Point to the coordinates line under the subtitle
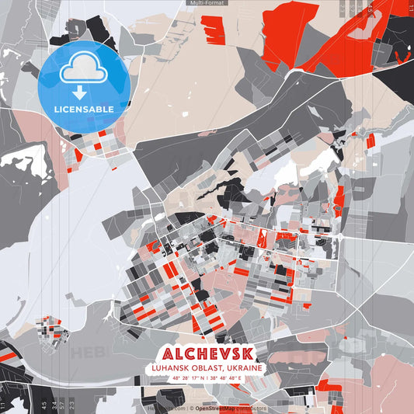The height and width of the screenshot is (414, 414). [207, 378]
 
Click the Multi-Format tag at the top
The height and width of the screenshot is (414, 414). [207, 3]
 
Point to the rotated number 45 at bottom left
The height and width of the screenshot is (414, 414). [43, 404]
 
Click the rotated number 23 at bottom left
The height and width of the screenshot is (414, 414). [71, 404]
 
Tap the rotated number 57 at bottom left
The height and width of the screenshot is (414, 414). [62, 404]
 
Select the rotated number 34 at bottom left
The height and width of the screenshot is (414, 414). [53, 404]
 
